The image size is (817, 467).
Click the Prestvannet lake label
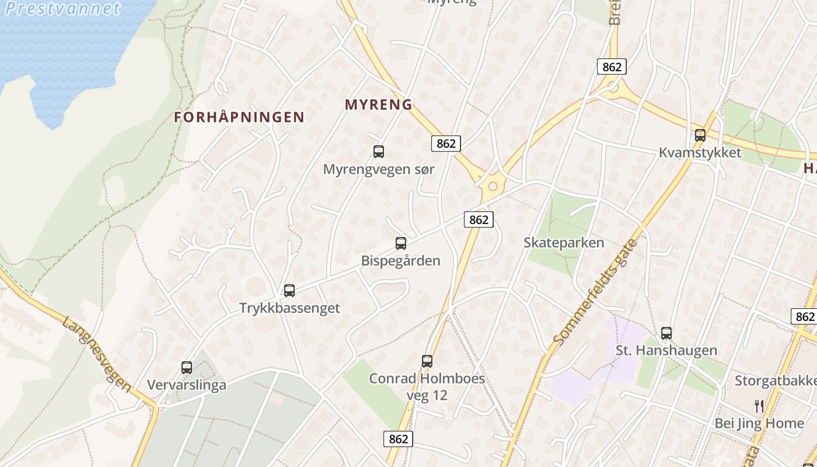point(62,8)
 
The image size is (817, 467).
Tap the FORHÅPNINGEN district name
point(239,117)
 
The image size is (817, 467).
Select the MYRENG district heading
point(379,105)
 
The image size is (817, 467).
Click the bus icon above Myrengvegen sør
point(379,152)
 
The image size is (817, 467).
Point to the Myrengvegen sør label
point(379,169)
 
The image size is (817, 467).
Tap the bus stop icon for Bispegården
point(401,243)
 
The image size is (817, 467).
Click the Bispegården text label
point(401,260)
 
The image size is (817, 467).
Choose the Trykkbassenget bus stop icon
point(289,290)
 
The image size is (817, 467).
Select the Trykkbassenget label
point(289,308)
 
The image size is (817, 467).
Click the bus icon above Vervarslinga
point(187,368)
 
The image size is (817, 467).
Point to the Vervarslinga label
point(187,385)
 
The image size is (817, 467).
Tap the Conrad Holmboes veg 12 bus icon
point(427,361)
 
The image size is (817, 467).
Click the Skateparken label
point(564,242)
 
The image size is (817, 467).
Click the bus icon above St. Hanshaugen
point(666,333)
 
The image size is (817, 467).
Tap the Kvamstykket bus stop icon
point(700,135)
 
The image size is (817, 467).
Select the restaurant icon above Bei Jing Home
point(759,406)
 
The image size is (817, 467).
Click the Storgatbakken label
point(775,381)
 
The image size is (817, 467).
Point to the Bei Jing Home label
point(759,424)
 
